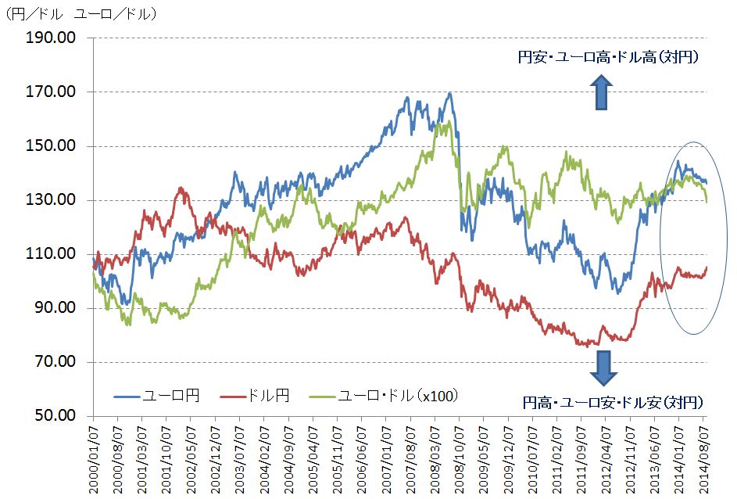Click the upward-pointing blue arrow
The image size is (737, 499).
point(602,92)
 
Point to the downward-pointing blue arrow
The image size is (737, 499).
point(602,368)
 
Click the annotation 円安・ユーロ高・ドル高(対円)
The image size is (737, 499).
point(608,57)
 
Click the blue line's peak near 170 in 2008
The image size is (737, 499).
point(449,94)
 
